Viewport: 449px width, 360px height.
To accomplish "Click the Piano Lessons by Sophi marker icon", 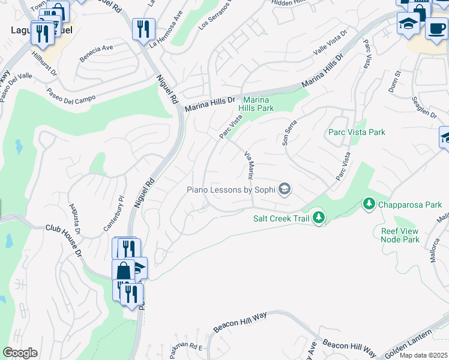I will pyautogui.click(x=284, y=190).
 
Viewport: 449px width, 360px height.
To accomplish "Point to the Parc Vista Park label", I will pyautogui.click(x=357, y=132).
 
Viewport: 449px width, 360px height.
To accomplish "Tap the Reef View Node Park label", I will pyautogui.click(x=400, y=235).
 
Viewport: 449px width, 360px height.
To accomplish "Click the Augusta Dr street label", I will pyautogui.click(x=77, y=218).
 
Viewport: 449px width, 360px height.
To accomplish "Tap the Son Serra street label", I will pyautogui.click(x=290, y=131).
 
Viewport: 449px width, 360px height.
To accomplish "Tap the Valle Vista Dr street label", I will pyautogui.click(x=330, y=44).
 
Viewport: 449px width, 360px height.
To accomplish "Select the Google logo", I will pyautogui.click(x=20, y=353).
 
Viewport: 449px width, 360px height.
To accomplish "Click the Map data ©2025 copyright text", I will pyautogui.click(x=424, y=355).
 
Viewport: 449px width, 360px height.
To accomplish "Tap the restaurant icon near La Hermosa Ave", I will pyautogui.click(x=143, y=29).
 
